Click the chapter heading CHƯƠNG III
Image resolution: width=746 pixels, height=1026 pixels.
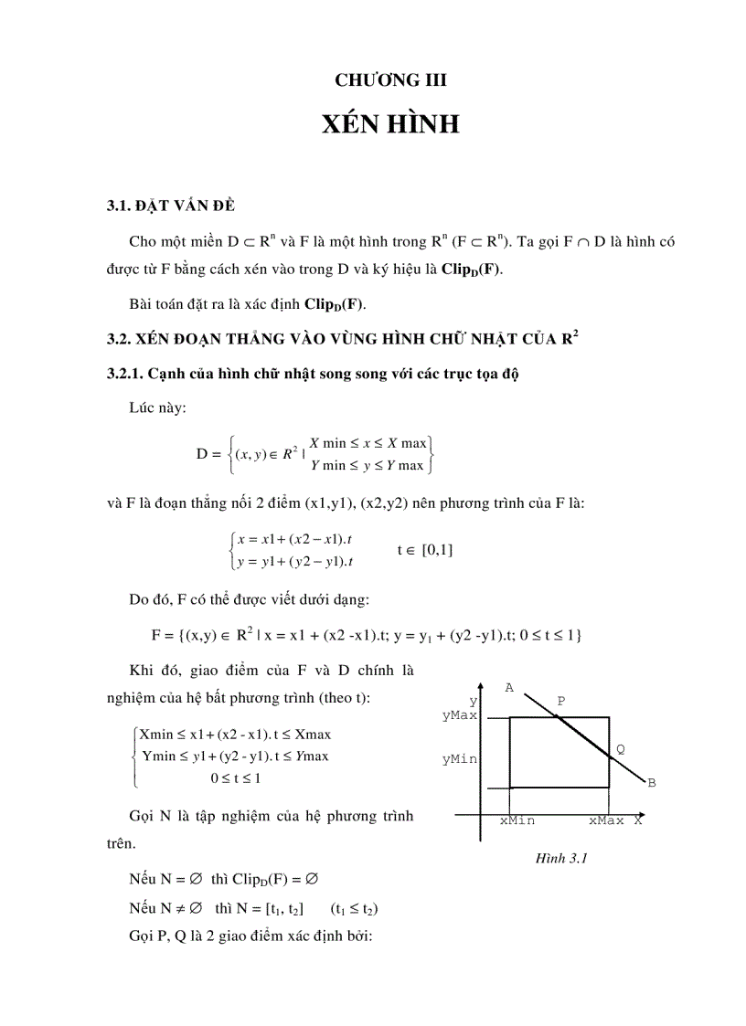tap(390, 80)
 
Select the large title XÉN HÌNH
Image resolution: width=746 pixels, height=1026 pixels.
tap(390, 124)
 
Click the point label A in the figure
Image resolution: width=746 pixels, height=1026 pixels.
tap(509, 687)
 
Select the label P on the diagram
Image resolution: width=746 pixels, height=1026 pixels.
tap(561, 701)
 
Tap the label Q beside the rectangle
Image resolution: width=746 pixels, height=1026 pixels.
tap(621, 748)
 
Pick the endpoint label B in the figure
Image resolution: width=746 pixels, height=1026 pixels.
tap(652, 783)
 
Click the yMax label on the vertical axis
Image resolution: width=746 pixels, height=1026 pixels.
tap(460, 716)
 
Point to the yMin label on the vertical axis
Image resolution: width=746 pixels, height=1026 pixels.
tap(460, 758)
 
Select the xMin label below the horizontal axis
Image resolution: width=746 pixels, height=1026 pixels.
tap(517, 820)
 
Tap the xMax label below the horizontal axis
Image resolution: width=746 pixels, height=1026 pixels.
tap(606, 820)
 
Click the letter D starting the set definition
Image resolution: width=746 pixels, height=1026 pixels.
tap(203, 453)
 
